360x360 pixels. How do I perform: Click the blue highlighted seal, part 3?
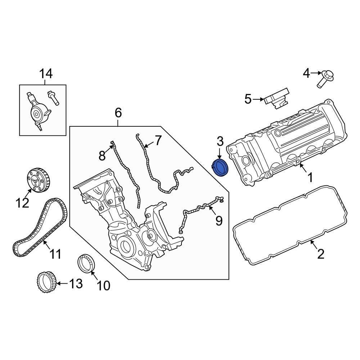pos(221,168)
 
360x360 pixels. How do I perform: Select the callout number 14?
pos(46,74)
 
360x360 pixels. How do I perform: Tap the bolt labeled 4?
pos(326,79)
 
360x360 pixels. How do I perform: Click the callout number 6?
pos(118,113)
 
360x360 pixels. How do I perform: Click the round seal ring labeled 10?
pos(87,263)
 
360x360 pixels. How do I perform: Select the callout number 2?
pos(320,254)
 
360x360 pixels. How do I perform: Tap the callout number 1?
pos(309,177)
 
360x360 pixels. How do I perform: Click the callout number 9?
pos(219,220)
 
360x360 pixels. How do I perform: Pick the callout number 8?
pos(102,155)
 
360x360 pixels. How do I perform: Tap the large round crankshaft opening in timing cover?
pos(126,247)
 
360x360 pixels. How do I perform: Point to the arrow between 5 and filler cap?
pos(258,99)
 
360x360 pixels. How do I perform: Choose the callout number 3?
pos(220,141)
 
